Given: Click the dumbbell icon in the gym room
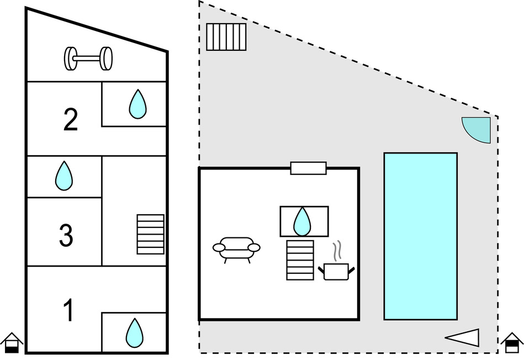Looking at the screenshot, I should pyautogui.click(x=88, y=58).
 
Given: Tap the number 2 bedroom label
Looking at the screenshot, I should pyautogui.click(x=70, y=119).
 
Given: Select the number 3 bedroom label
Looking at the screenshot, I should pyautogui.click(x=66, y=235).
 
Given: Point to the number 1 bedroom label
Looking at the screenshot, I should pyautogui.click(x=68, y=310).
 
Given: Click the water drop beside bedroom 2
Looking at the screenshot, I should pyautogui.click(x=137, y=104).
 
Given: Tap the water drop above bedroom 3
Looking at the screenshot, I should pyautogui.click(x=64, y=176).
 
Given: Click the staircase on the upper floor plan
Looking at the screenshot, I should pyautogui.click(x=150, y=234).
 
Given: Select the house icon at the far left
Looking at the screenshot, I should pyautogui.click(x=11, y=343).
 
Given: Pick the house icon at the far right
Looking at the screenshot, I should pyautogui.click(x=512, y=343).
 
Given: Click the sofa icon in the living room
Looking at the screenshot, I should pyautogui.click(x=236, y=250).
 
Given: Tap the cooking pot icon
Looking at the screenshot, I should pyautogui.click(x=336, y=271).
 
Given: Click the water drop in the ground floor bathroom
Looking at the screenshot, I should pyautogui.click(x=302, y=221).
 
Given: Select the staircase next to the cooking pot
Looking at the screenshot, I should pyautogui.click(x=300, y=260).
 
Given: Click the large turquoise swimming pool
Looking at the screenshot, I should pyautogui.click(x=420, y=236).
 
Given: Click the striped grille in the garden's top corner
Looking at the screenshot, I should pyautogui.click(x=226, y=36).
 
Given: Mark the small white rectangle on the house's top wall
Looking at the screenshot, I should pyautogui.click(x=308, y=168).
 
